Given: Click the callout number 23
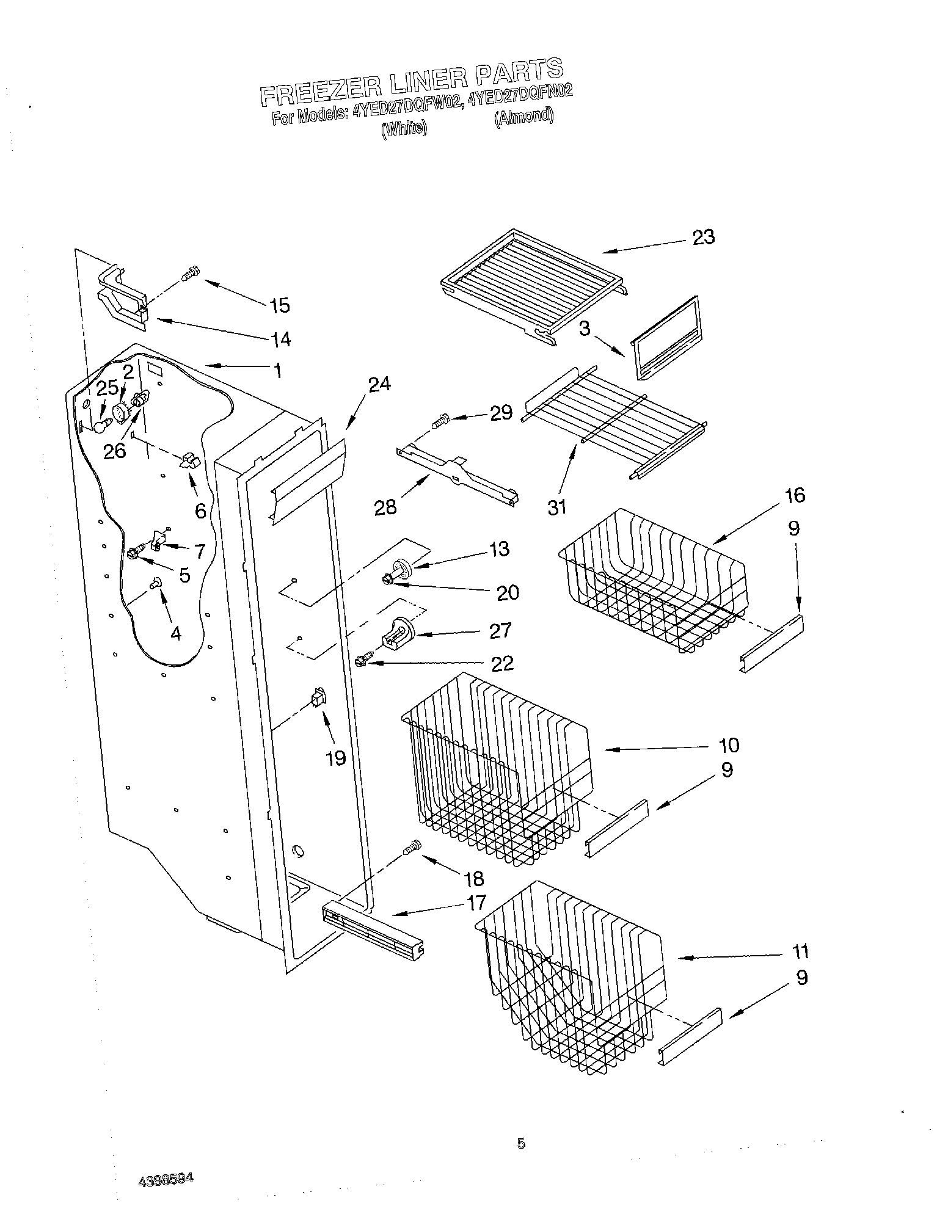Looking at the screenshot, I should [704, 237].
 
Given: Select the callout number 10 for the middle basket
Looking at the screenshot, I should [728, 745].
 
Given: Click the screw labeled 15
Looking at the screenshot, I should [191, 275].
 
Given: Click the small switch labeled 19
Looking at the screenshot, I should [318, 697].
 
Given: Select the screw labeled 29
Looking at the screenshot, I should [440, 420].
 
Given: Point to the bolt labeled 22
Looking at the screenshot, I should [361, 660].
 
